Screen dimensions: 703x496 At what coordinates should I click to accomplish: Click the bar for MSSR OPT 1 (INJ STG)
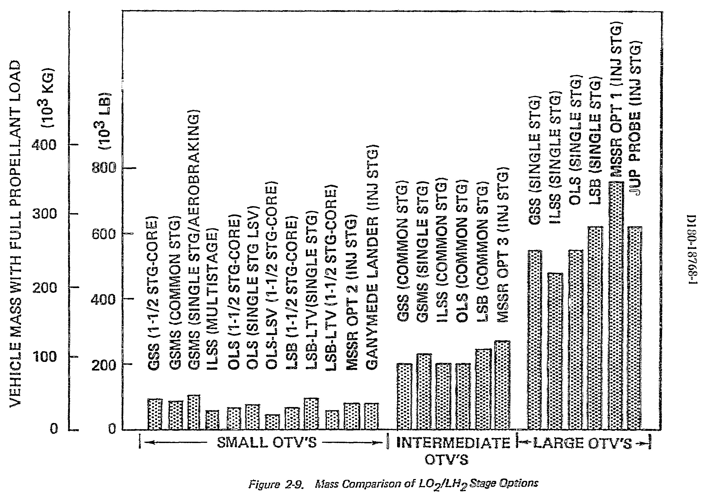[615, 306]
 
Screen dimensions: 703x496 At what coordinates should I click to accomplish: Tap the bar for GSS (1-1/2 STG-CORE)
[155, 414]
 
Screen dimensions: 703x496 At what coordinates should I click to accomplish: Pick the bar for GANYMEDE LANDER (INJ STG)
[371, 416]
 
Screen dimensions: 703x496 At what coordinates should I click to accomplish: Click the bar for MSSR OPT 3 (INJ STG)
[502, 385]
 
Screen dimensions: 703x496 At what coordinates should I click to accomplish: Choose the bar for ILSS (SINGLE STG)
[555, 351]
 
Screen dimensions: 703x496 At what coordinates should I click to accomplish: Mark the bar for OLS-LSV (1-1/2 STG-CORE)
[272, 422]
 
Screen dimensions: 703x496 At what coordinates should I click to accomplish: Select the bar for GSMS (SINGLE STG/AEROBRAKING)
[193, 412]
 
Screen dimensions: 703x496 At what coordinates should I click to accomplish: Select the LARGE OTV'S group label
[582, 443]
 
